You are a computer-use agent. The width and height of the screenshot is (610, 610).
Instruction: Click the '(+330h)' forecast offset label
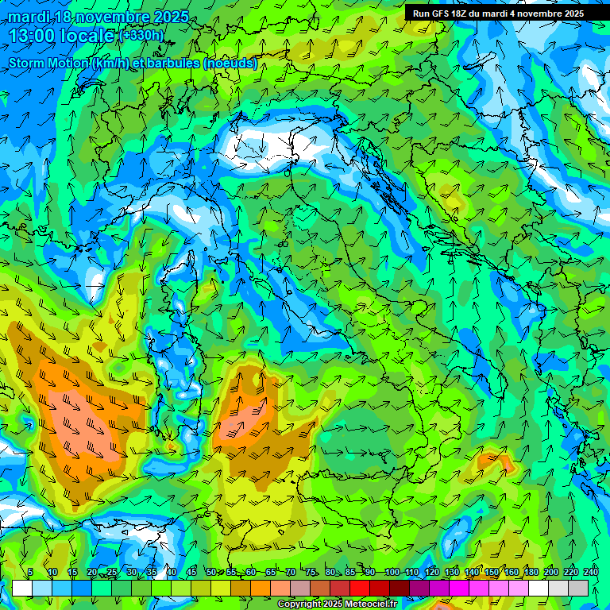[x=142, y=36]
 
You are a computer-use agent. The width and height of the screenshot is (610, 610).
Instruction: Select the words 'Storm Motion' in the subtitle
[x=48, y=64]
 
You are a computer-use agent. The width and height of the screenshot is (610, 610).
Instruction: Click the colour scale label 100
[x=392, y=572]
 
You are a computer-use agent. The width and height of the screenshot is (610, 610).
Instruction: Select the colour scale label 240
[x=591, y=572]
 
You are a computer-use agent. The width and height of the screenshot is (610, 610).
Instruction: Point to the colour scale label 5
[x=30, y=572]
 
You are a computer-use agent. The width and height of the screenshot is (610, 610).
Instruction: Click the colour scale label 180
[x=531, y=572]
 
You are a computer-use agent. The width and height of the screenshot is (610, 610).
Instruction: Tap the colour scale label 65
[x=270, y=572]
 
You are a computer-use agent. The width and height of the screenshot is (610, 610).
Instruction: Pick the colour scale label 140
[x=472, y=572]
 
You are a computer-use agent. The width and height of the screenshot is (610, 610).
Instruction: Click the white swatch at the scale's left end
[x=22, y=588]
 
